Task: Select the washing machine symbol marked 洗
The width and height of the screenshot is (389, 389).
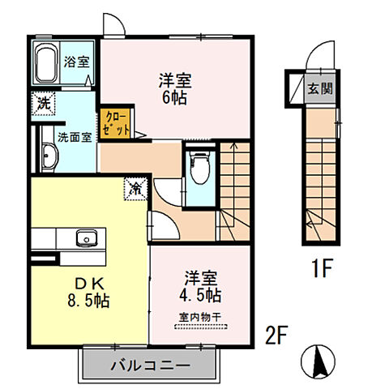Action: click(41, 102)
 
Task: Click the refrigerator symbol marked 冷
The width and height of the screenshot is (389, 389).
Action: click(135, 188)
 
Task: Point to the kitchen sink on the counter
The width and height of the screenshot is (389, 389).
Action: click(85, 238)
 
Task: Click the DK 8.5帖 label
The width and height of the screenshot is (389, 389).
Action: click(91, 292)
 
